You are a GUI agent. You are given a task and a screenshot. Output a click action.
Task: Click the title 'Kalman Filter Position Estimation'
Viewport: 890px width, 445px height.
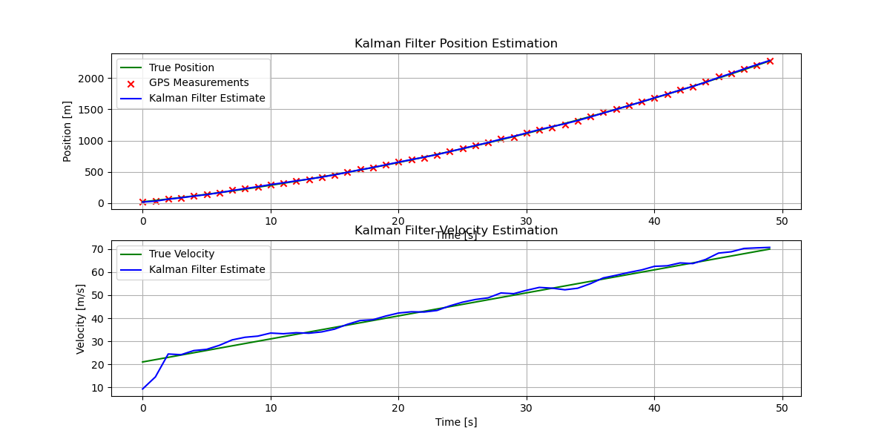[455, 44]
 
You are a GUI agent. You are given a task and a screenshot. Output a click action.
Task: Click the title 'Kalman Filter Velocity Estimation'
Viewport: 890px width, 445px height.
[455, 231]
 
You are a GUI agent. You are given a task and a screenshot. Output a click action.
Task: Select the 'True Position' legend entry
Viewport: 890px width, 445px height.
[182, 67]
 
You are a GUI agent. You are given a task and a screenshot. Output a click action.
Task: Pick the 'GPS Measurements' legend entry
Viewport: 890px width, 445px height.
[199, 83]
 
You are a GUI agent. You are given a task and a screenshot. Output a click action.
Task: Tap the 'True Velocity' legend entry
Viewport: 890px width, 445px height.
[181, 254]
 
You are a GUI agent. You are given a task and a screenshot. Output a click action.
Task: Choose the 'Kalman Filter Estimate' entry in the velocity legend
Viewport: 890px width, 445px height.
[207, 270]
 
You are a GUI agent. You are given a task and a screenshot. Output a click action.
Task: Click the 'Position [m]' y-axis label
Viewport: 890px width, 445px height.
[67, 131]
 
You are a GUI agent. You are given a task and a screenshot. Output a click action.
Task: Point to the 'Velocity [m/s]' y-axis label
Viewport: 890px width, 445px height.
[81, 318]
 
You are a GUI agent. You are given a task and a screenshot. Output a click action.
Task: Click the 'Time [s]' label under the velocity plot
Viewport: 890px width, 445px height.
[455, 422]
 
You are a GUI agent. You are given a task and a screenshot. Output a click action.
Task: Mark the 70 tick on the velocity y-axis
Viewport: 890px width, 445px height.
[99, 249]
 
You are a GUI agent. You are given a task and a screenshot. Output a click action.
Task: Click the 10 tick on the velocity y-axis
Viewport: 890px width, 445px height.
[99, 388]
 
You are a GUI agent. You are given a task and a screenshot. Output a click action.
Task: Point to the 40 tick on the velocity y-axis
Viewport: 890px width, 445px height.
[99, 319]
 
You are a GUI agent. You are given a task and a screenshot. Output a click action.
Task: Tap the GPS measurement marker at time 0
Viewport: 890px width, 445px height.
[142, 202]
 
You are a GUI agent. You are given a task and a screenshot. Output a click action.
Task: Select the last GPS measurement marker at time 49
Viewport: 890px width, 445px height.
[770, 61]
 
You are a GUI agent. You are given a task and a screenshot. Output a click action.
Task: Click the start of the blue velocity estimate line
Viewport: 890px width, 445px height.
[142, 389]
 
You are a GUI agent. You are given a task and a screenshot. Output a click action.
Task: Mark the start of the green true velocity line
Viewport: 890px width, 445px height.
[142, 362]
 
